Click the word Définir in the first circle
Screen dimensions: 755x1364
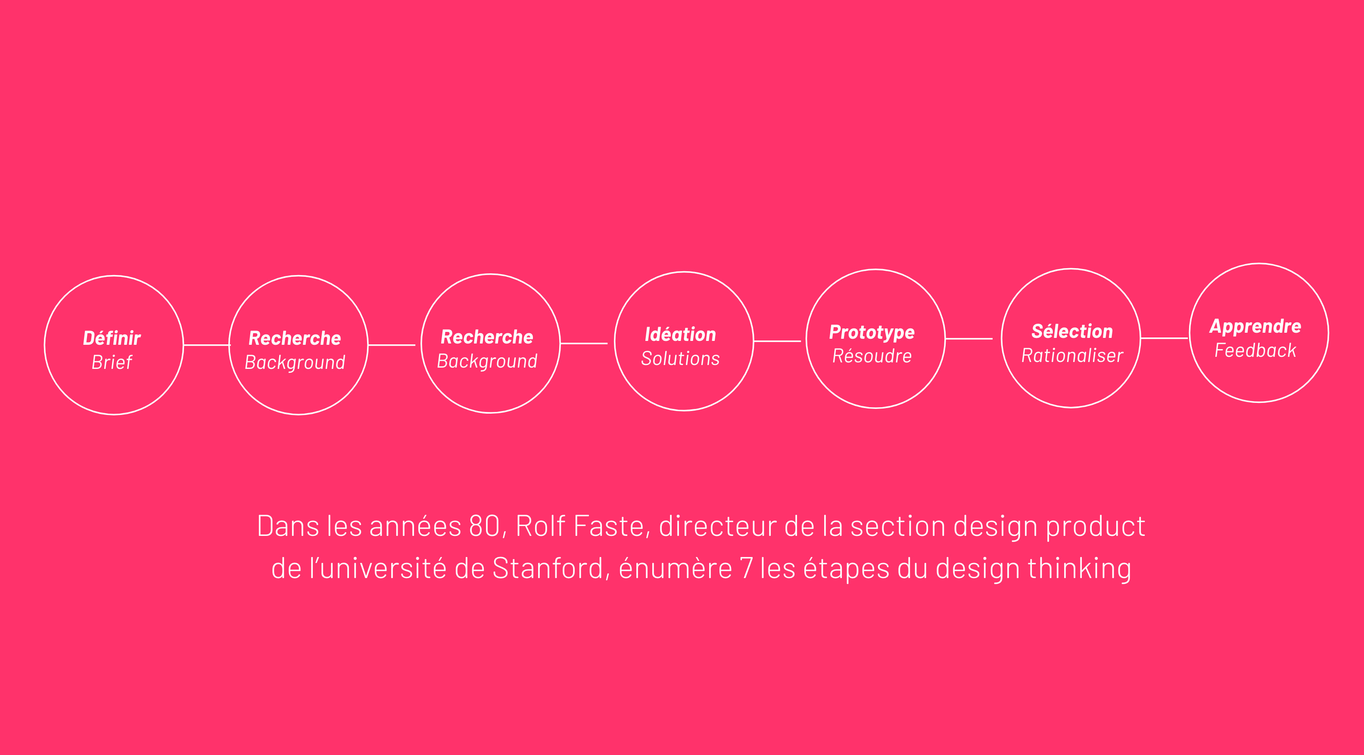point(112,338)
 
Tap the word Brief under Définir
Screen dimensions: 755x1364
point(112,362)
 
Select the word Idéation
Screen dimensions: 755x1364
point(680,334)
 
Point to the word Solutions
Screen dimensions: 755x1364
point(680,359)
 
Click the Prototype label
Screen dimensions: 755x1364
point(872,332)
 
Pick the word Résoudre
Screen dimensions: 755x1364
point(872,356)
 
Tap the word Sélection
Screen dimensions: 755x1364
point(1072,332)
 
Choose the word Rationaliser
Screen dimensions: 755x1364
point(1072,356)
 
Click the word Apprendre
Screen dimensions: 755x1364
point(1255,326)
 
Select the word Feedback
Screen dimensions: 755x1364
point(1255,350)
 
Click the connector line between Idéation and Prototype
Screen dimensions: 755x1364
point(777,341)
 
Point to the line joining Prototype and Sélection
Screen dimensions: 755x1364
point(969,339)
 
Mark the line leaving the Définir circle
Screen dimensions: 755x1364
point(206,345)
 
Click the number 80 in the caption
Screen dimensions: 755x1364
point(484,526)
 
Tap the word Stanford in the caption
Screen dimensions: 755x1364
point(548,569)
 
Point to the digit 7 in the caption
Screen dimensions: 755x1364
point(746,569)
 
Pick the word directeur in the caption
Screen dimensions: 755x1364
point(717,526)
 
